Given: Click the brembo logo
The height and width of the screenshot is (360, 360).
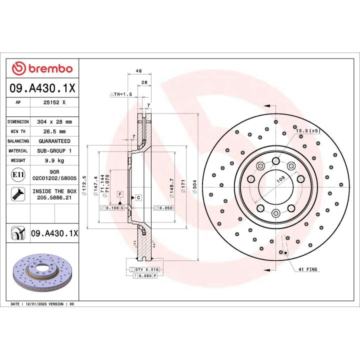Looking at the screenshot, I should [x=42, y=68].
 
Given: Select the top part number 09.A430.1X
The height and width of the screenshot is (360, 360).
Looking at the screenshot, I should [x=42, y=88].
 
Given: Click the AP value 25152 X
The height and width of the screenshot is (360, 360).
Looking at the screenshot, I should [x=54, y=102].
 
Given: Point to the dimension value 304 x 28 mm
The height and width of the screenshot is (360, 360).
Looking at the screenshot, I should [x=54, y=121].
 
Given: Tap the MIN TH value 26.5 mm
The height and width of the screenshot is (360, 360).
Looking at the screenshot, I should [x=54, y=131].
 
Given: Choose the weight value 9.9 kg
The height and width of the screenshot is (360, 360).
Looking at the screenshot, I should [x=54, y=160].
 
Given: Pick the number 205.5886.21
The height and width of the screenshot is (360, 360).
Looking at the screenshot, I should [x=54, y=198].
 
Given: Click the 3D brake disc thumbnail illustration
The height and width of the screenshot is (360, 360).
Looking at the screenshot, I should [x=42, y=272].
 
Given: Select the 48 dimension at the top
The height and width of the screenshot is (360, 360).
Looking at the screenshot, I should [x=132, y=71].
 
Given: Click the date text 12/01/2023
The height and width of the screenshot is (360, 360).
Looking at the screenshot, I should [x=39, y=303].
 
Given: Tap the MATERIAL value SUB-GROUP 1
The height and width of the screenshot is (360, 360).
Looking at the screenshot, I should [x=54, y=150].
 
